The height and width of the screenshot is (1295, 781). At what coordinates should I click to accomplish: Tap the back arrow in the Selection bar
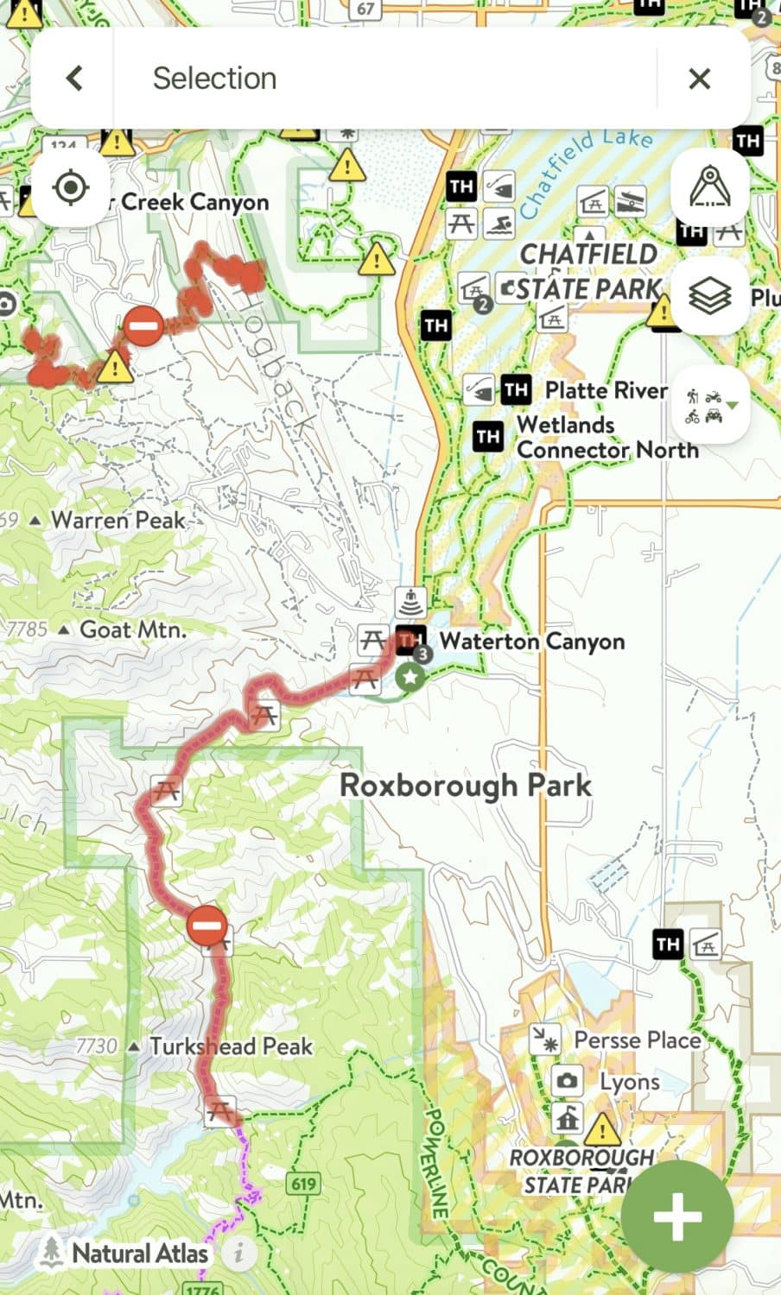point(74,79)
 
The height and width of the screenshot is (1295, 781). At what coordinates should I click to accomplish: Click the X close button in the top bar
point(699,79)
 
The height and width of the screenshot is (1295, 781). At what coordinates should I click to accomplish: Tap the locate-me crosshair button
point(72,187)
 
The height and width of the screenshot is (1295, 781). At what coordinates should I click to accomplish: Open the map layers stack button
point(710,295)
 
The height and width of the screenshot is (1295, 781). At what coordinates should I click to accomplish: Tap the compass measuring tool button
point(710,187)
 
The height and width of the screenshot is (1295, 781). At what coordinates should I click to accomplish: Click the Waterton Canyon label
point(531,641)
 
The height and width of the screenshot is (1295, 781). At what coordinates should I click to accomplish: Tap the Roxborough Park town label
point(466,786)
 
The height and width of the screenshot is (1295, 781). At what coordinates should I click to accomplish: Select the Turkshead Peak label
point(231,1046)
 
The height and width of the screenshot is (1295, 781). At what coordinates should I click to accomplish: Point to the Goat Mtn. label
point(132,629)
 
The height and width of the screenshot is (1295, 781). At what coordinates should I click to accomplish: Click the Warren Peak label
point(118,520)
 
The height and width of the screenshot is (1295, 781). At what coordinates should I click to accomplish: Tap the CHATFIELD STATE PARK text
point(589,271)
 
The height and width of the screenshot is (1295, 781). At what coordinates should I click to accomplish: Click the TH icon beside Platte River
point(516,389)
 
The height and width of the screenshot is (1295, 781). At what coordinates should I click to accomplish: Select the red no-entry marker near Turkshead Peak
point(206,926)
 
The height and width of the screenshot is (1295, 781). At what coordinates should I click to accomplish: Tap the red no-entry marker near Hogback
point(143,325)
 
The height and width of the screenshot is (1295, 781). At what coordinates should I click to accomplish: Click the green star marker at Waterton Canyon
point(411,678)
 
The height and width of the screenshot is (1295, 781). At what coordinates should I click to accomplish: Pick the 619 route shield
point(304,1183)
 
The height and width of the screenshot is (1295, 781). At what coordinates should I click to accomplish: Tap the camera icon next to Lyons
point(567,1081)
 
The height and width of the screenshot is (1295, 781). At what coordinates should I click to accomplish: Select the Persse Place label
point(638,1040)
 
